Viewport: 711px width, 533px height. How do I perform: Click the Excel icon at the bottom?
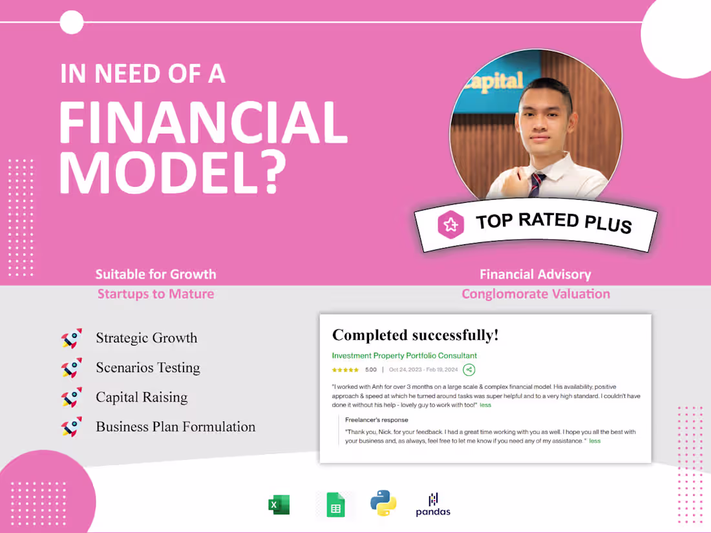tap(279, 505)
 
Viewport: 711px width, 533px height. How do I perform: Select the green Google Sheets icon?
tap(335, 505)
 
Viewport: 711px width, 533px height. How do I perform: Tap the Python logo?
tap(383, 503)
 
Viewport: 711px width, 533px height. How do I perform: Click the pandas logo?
tap(433, 505)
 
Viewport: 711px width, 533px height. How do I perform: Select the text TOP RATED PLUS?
tap(553, 222)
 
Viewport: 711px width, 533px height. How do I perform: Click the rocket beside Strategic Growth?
tap(72, 338)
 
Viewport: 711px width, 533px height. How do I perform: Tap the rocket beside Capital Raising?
tap(72, 397)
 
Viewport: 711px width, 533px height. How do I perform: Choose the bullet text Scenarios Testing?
tap(148, 368)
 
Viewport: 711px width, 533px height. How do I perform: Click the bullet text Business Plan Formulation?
tap(175, 426)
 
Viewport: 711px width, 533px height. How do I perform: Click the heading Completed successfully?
tap(415, 335)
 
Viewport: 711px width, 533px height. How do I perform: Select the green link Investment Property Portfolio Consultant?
tap(404, 355)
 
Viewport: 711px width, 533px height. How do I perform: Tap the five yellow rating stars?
tap(345, 370)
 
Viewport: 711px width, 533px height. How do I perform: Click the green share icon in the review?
tap(469, 370)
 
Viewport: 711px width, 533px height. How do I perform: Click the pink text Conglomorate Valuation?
tap(535, 294)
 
